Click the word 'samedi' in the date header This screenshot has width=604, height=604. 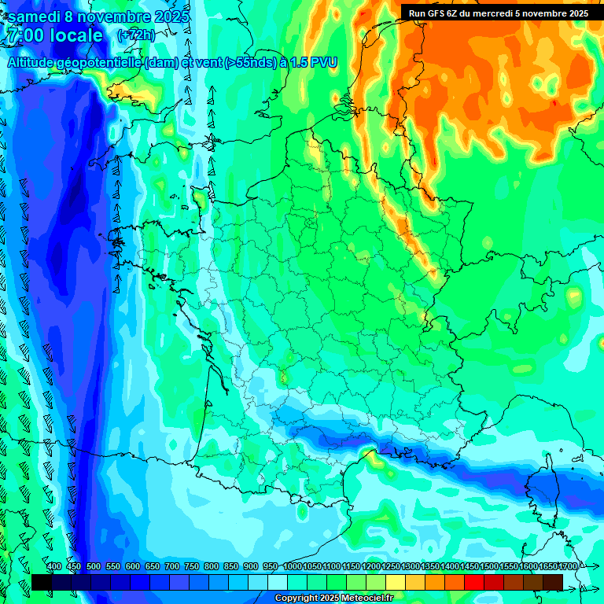(x=38, y=16)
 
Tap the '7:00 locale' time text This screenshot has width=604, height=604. (x=54, y=35)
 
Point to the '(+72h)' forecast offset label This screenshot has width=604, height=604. (x=136, y=35)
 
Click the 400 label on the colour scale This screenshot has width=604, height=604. (x=54, y=567)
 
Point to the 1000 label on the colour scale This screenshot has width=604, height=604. (x=293, y=567)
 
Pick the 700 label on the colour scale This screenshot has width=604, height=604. (x=172, y=567)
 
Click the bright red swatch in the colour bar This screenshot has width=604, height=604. (x=474, y=582)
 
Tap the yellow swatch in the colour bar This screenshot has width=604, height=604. (x=396, y=582)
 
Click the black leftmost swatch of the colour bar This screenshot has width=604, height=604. (x=42, y=582)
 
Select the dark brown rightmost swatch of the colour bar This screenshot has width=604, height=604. (x=553, y=582)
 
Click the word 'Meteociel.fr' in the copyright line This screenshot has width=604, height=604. (x=362, y=598)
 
